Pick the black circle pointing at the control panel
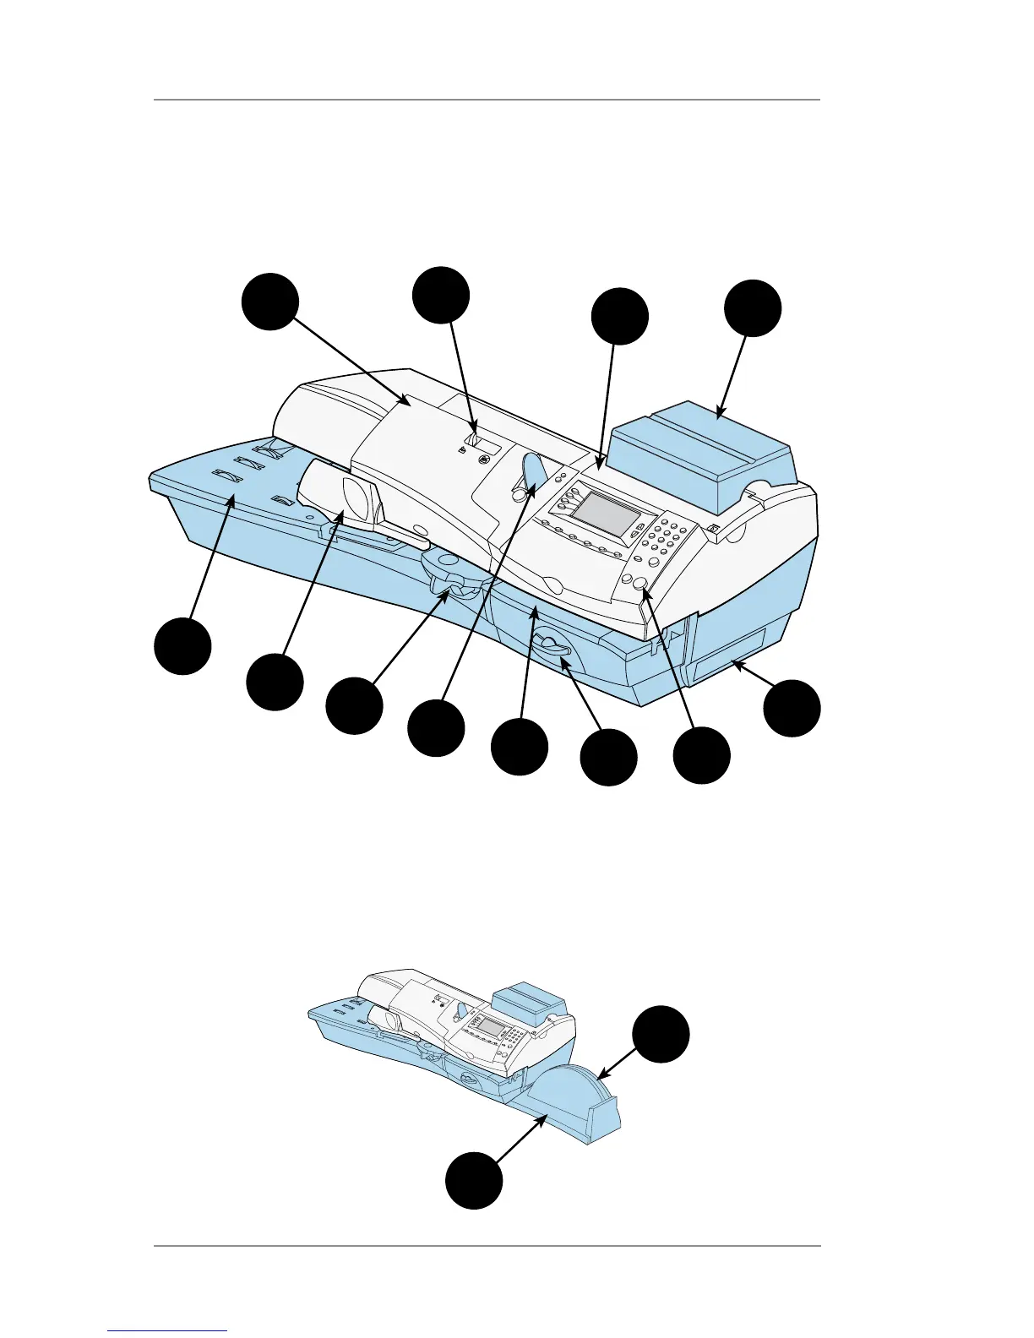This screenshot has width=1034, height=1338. point(619,317)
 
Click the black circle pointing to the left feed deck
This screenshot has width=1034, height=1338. point(182,646)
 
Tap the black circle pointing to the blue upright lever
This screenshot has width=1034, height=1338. point(435,728)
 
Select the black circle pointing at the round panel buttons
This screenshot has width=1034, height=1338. point(701,756)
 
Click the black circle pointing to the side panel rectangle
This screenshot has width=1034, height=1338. point(792,709)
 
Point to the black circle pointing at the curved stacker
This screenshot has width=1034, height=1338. point(661,1034)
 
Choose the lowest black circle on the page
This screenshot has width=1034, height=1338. point(474,1180)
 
